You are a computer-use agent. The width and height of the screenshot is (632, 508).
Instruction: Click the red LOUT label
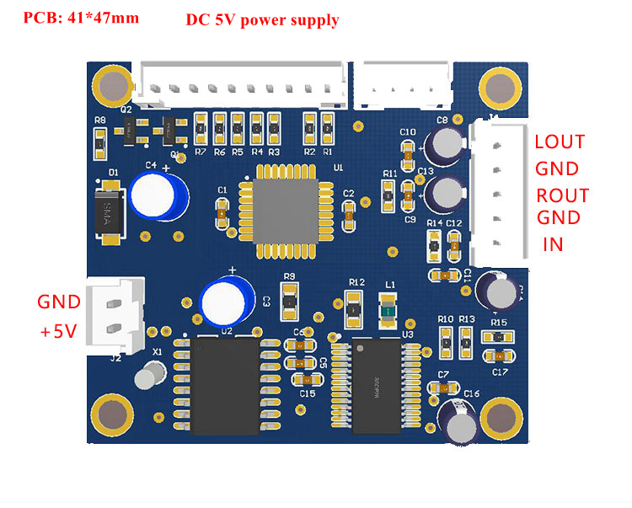[560, 142]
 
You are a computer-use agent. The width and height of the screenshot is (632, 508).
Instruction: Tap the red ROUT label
[562, 195]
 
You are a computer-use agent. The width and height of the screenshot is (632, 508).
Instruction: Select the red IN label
[553, 245]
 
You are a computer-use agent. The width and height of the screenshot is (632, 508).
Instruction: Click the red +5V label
[58, 332]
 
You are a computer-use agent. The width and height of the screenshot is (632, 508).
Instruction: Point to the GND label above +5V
[58, 302]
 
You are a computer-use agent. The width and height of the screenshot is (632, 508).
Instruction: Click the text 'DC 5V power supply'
[262, 20]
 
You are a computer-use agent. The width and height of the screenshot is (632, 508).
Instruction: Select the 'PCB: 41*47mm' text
[81, 17]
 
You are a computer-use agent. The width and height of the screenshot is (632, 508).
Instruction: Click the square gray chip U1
[287, 211]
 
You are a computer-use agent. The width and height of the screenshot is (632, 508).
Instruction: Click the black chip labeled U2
[224, 385]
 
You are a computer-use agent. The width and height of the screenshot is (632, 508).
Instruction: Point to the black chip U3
[376, 386]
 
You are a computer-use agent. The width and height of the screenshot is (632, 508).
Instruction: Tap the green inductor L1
[388, 310]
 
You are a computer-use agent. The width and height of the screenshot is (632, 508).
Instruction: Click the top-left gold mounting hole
[112, 85]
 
